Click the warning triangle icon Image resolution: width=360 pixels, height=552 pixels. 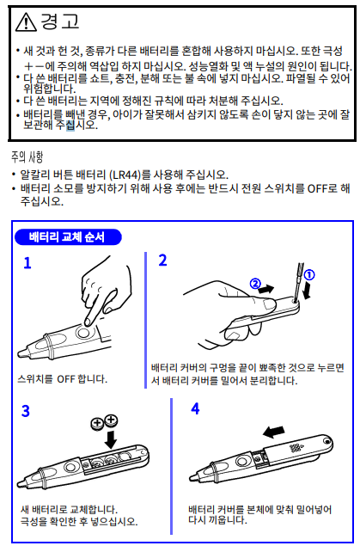[x=26, y=21]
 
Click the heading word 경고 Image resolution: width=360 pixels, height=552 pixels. [x=60, y=21]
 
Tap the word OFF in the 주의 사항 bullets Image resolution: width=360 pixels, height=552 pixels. [x=317, y=188]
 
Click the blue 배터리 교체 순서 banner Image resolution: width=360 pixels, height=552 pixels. [x=68, y=237]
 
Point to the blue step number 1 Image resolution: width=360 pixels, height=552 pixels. [x=27, y=263]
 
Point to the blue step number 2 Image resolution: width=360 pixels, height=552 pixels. [x=162, y=261]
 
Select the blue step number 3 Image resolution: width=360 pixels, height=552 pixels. [x=26, y=411]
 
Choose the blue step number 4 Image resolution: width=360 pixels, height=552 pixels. [x=195, y=408]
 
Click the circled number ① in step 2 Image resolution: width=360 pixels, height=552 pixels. [x=308, y=275]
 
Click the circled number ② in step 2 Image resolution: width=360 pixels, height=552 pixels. [x=255, y=284]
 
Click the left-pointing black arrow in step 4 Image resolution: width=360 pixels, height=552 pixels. [x=274, y=432]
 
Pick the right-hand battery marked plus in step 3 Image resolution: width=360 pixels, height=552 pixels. [x=111, y=420]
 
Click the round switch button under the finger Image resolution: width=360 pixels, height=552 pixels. [x=84, y=332]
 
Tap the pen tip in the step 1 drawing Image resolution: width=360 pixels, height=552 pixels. [x=21, y=353]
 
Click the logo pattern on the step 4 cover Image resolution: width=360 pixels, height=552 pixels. [x=295, y=448]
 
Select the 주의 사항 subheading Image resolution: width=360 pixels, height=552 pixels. [x=27, y=156]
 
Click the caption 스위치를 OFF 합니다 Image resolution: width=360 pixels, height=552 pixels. [x=62, y=379]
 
